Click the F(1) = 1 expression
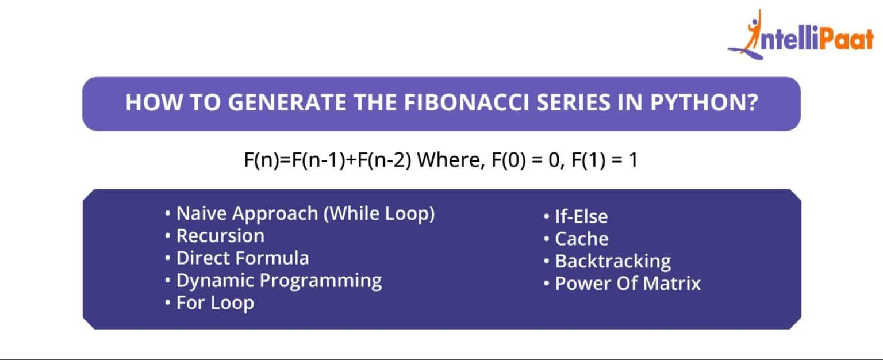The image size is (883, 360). point(604,160)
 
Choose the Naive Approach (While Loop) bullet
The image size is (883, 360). point(305,214)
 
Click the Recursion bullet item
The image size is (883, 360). point(220,236)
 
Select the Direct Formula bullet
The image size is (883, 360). point(242,258)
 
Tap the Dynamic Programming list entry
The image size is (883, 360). point(278,281)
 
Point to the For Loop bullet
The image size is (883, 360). point(214,303)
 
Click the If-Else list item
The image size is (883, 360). point(581,217)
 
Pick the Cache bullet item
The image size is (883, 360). point(581,239)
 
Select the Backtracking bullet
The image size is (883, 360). point(612,261)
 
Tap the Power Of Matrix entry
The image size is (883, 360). point(627,284)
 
